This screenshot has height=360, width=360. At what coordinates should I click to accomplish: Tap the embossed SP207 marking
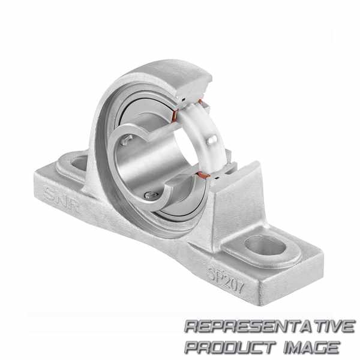(225, 281)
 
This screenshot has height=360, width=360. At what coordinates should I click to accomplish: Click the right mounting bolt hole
(266, 246)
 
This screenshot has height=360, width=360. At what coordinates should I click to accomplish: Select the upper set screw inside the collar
(126, 140)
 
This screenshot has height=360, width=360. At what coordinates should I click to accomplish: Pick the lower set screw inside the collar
(151, 195)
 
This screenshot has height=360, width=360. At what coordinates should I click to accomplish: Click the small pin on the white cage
(211, 140)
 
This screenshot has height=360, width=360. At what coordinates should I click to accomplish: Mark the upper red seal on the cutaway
(175, 115)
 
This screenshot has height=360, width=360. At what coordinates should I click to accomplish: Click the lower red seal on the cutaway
(203, 175)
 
